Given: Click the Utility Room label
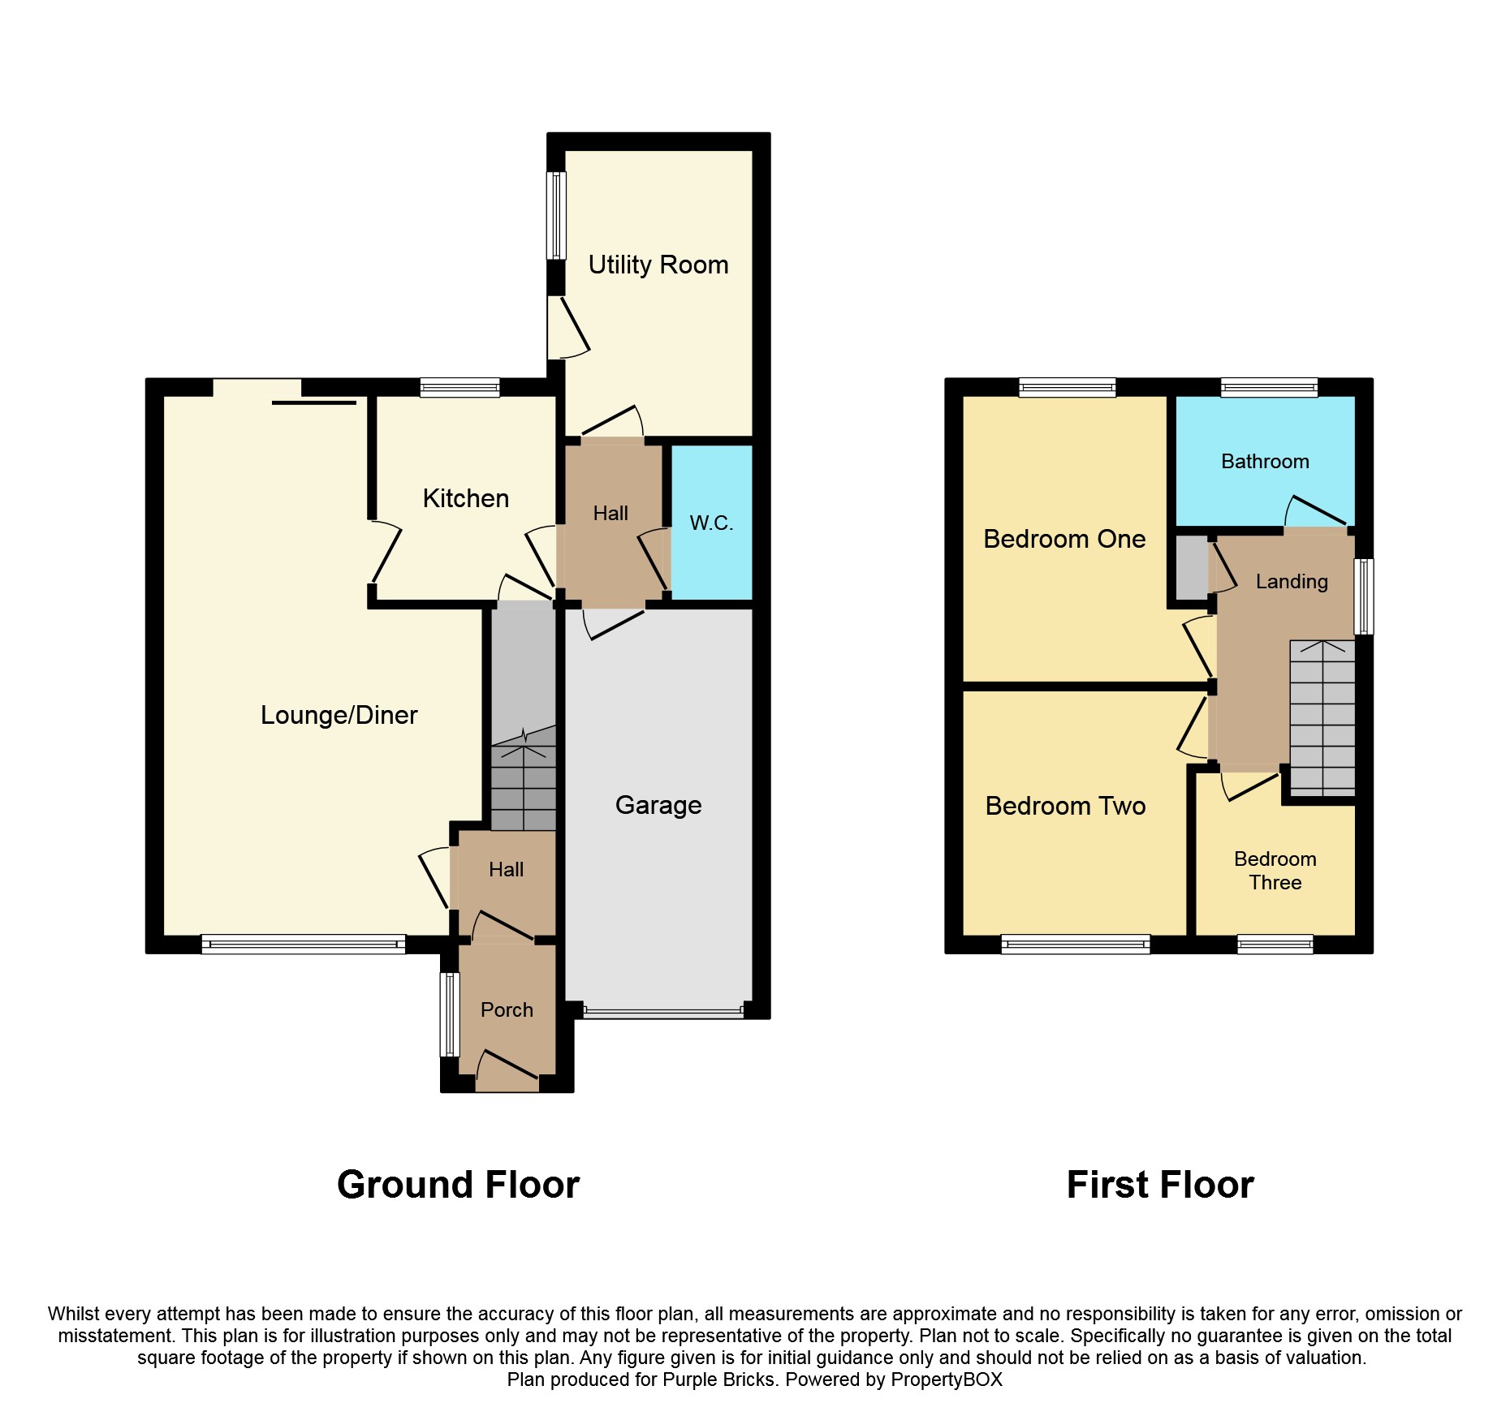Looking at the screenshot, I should [658, 265].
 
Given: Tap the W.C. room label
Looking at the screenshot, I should [711, 523].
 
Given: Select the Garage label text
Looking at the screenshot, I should [658, 805].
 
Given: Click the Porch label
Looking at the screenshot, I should [507, 1009].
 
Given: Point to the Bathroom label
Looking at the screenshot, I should [1265, 461].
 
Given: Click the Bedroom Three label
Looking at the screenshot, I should [1275, 871].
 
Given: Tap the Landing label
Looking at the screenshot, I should [1291, 581].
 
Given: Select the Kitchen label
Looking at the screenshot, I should [465, 498].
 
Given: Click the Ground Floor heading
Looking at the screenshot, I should [458, 1184].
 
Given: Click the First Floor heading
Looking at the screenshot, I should [1159, 1184].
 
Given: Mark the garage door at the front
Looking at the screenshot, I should [662, 1012].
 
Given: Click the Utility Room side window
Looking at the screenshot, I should [556, 215].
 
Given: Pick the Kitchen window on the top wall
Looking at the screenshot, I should [459, 388].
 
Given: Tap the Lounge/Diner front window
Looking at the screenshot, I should [303, 944].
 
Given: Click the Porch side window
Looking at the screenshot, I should [449, 1014].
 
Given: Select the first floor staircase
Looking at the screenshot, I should [1322, 718].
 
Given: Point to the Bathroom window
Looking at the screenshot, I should [1268, 388].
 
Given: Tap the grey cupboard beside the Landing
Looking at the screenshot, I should [1191, 567].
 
